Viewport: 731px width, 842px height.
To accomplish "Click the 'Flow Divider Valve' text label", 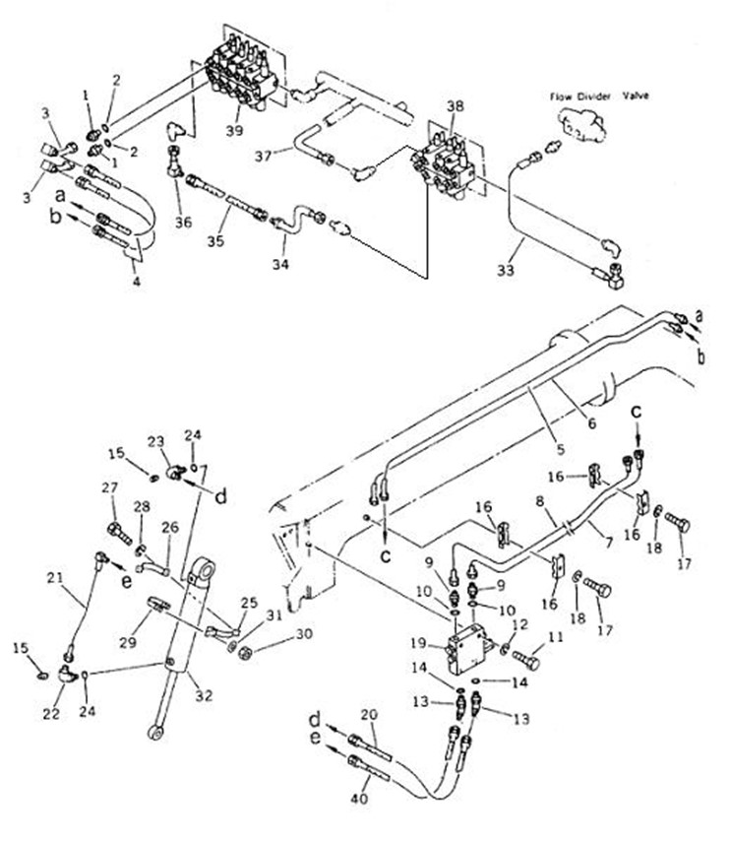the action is pyautogui.click(x=599, y=97).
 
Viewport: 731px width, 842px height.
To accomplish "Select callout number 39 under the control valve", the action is pyautogui.click(x=234, y=130).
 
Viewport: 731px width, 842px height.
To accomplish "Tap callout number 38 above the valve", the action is pyautogui.click(x=455, y=106).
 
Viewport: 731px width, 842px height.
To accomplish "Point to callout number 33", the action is pyautogui.click(x=506, y=270).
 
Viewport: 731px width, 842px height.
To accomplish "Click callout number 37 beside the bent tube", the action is pyautogui.click(x=264, y=156).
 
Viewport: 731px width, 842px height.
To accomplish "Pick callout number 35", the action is pyautogui.click(x=215, y=241).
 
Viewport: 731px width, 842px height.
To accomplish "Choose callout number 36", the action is pyautogui.click(x=183, y=222).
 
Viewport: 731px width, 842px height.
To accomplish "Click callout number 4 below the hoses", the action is pyautogui.click(x=137, y=281).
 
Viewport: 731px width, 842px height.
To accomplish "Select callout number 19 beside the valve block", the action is pyautogui.click(x=418, y=643).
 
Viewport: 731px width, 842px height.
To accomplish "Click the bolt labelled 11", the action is pyautogui.click(x=525, y=659).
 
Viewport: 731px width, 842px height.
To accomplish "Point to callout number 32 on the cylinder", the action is pyautogui.click(x=204, y=695).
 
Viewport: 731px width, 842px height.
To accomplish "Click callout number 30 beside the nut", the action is pyautogui.click(x=304, y=634).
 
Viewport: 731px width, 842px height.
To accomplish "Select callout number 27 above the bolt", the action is pyautogui.click(x=109, y=487).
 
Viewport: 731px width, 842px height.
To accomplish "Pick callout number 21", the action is pyautogui.click(x=55, y=578).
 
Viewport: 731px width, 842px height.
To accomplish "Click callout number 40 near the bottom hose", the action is pyautogui.click(x=359, y=798).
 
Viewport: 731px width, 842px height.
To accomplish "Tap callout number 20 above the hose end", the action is pyautogui.click(x=369, y=715).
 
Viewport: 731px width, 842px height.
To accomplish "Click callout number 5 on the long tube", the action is pyautogui.click(x=561, y=449).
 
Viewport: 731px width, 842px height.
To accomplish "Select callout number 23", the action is pyautogui.click(x=155, y=441).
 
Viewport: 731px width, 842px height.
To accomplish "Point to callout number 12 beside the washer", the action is pyautogui.click(x=519, y=624).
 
